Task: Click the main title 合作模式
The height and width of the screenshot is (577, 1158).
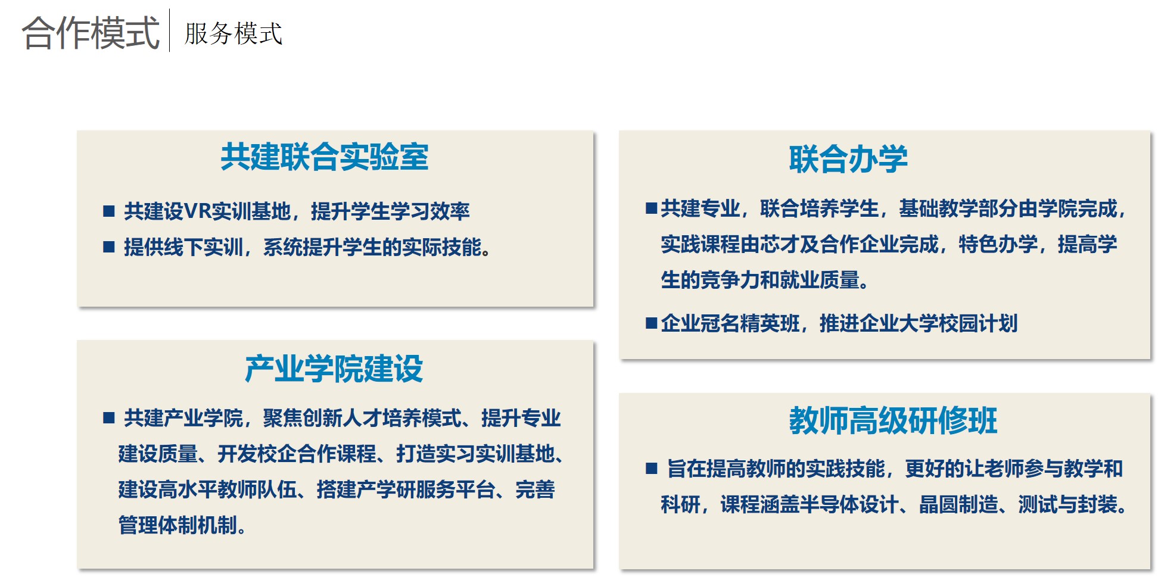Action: pos(91,32)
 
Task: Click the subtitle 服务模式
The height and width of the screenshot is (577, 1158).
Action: pos(234,33)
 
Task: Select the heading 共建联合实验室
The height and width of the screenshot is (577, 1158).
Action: pos(325,157)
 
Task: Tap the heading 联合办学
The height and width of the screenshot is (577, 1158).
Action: pos(848,160)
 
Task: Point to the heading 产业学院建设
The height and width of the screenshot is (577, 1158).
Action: pos(334,369)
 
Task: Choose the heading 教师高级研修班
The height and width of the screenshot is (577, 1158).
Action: pos(893,420)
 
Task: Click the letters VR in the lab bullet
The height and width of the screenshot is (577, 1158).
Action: pos(197,211)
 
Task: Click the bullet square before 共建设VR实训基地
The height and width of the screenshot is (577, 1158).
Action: pos(108,211)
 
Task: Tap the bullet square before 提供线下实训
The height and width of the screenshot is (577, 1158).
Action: pos(108,247)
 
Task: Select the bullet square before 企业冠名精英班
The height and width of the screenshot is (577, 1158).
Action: pos(652,323)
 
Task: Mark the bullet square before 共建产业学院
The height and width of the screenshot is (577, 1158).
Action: pos(108,417)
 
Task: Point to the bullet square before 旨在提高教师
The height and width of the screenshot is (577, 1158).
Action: pos(652,469)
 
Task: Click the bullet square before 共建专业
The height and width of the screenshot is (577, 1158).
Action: pos(652,208)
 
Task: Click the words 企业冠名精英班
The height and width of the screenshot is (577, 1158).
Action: pos(730,323)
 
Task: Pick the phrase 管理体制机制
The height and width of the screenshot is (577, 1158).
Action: pos(178,525)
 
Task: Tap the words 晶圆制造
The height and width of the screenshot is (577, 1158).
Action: pos(958,504)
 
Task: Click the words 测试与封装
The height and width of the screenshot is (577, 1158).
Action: pos(1067,504)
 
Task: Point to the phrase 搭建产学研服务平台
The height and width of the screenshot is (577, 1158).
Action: pos(406,489)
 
